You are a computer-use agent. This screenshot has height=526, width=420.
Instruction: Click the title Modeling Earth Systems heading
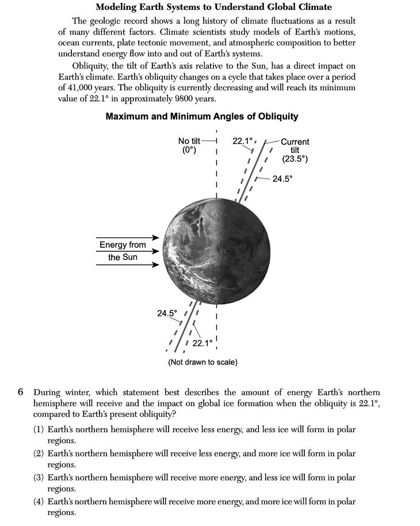click(x=213, y=7)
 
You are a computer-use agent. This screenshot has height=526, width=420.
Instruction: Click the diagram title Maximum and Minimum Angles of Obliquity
click(x=201, y=116)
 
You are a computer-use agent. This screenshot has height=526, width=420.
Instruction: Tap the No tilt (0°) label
click(x=189, y=145)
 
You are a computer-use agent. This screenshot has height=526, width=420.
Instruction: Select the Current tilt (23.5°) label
click(x=295, y=150)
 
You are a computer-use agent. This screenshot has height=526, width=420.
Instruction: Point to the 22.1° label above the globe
click(x=243, y=140)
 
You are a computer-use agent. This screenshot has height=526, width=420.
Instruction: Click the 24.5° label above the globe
click(x=282, y=179)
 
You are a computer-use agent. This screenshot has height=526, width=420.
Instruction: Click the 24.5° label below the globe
click(x=167, y=313)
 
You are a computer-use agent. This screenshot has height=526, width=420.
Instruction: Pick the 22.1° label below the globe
click(x=203, y=343)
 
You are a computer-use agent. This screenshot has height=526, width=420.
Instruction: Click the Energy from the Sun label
click(x=123, y=251)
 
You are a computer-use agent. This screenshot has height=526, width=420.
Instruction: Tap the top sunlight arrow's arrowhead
click(x=156, y=238)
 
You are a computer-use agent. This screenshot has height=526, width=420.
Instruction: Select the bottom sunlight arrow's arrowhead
click(x=156, y=265)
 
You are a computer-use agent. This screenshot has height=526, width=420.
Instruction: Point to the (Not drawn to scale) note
click(x=203, y=362)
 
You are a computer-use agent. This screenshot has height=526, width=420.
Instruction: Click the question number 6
click(x=20, y=393)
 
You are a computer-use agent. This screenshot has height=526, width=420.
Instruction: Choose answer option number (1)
click(x=39, y=429)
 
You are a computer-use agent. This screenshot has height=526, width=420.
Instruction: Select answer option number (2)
click(x=39, y=454)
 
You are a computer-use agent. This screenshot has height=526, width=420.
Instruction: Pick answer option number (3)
click(x=39, y=478)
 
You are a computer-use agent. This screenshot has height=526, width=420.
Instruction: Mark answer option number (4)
click(x=39, y=502)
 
